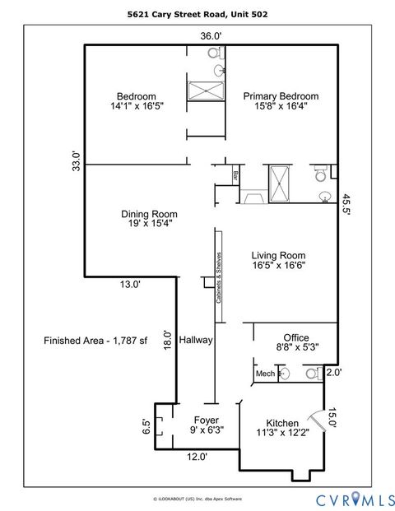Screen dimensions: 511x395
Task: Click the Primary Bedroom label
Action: pyautogui.click(x=281, y=96)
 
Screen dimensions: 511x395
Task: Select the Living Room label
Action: pyautogui.click(x=278, y=255)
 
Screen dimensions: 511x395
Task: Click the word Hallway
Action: pyautogui.click(x=196, y=339)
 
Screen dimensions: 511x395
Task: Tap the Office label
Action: pyautogui.click(x=295, y=337)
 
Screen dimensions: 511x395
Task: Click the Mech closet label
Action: pyautogui.click(x=264, y=374)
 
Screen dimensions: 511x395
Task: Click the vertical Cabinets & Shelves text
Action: pyautogui.click(x=218, y=278)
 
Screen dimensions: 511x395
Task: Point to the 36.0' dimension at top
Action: pyautogui.click(x=211, y=35)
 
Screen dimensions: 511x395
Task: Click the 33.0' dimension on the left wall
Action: pyautogui.click(x=76, y=160)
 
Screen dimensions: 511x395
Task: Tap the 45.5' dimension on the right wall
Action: pyautogui.click(x=347, y=205)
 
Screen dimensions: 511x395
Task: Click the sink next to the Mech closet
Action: pyautogui.click(x=284, y=374)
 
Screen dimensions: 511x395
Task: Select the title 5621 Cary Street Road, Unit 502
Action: pyautogui.click(x=197, y=14)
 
